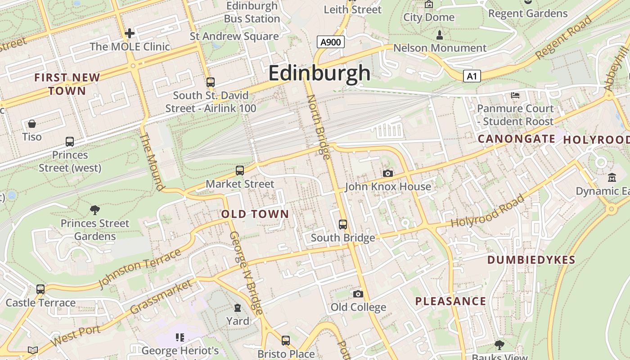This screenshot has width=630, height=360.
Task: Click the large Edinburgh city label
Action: point(319,73)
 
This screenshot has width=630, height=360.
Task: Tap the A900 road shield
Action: point(331,42)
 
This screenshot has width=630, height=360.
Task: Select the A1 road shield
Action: point(472,76)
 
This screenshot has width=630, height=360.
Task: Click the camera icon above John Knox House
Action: point(387,173)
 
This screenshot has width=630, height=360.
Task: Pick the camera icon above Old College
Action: point(358,294)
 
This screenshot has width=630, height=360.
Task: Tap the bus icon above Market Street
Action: point(240,171)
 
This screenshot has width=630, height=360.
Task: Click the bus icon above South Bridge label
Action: point(343,224)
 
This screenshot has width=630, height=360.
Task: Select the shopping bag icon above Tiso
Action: point(32,124)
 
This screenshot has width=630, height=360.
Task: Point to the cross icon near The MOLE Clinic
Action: point(130,33)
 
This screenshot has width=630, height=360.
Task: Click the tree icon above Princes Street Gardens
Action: point(95,210)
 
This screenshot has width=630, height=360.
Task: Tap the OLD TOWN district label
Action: point(255,214)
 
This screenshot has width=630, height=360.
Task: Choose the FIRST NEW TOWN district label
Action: point(67,84)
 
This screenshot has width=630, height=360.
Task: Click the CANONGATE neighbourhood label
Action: point(516,139)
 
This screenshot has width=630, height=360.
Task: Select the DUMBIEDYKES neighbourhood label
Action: point(531,260)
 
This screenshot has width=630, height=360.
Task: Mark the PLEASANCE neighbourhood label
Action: point(450,301)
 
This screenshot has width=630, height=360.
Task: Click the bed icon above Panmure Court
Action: point(515,95)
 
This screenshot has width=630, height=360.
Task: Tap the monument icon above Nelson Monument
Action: point(440,35)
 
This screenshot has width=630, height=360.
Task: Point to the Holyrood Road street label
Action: point(488,211)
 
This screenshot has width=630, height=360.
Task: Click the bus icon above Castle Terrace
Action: point(40,289)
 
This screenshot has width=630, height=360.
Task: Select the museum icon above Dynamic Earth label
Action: point(612,178)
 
